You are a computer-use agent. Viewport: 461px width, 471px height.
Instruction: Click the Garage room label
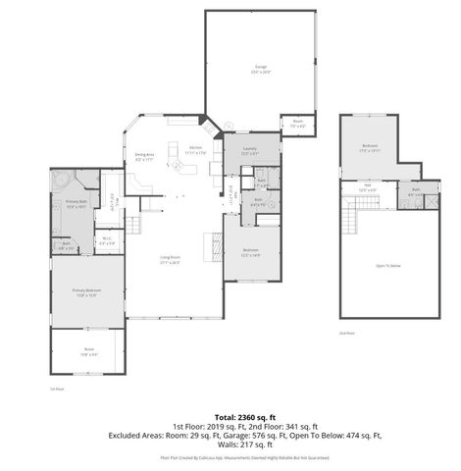(x=261, y=69)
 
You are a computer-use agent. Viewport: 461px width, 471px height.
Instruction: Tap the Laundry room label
(x=249, y=150)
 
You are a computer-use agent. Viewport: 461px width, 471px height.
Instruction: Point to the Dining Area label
(x=144, y=156)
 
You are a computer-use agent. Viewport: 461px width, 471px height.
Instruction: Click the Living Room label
(x=171, y=259)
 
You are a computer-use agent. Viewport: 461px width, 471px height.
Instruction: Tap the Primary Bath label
(x=77, y=204)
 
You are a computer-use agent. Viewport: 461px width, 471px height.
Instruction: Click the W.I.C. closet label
(x=107, y=239)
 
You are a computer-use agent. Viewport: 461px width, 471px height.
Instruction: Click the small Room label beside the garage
(x=297, y=125)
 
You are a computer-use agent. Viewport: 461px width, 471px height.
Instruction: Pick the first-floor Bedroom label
(x=251, y=252)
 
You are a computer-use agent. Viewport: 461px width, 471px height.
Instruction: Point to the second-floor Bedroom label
(x=369, y=148)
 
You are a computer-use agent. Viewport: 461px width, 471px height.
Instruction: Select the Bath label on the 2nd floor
(x=416, y=192)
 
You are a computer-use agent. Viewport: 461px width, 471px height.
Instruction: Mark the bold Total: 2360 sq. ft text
(x=230, y=417)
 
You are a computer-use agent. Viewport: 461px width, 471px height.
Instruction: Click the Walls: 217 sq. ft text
(x=230, y=445)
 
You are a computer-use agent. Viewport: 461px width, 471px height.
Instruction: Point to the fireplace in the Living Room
(x=208, y=242)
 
